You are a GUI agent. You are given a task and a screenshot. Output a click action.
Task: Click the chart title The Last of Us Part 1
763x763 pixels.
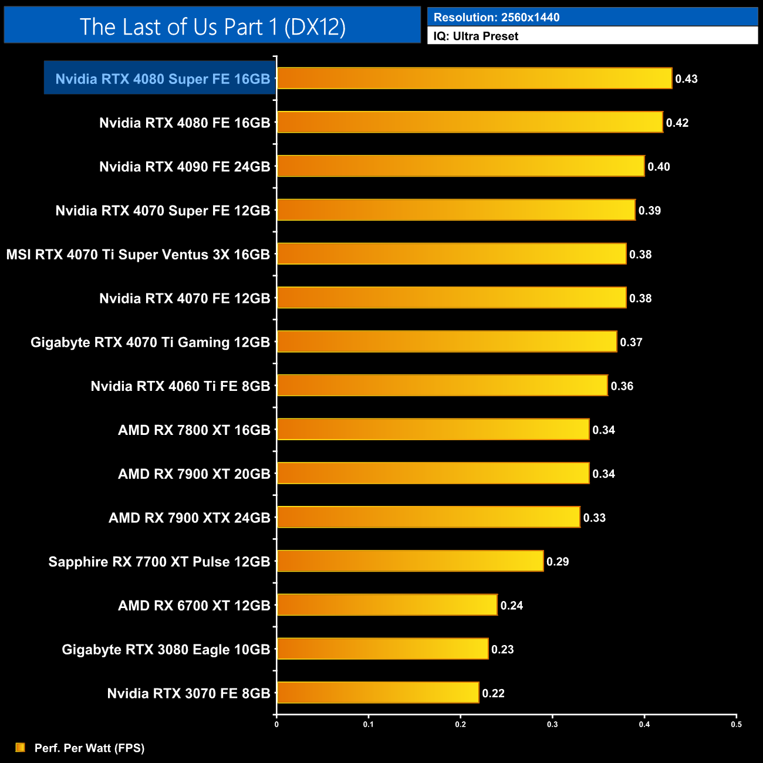212,26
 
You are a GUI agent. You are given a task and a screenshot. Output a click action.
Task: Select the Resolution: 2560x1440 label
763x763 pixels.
497,18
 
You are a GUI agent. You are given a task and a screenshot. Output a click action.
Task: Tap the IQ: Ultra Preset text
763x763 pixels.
475,36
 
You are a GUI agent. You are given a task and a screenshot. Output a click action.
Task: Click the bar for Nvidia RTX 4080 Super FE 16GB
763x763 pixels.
474,79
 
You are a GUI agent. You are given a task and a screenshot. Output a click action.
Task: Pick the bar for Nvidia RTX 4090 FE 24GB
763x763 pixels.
461,166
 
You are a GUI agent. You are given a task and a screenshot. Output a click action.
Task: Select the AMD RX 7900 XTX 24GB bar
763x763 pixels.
428,517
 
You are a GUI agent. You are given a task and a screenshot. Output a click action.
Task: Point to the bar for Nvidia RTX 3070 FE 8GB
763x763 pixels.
378,693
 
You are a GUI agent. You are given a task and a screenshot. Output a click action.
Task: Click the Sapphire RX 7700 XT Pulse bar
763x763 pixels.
410,561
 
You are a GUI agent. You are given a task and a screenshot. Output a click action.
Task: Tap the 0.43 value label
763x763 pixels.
686,79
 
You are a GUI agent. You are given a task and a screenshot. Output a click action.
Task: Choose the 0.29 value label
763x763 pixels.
558,562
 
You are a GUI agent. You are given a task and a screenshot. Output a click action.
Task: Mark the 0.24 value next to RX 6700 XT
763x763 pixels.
511,606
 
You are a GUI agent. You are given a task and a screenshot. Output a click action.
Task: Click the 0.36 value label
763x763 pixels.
622,386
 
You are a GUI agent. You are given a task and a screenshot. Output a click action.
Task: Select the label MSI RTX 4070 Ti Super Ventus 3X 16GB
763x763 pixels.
138,255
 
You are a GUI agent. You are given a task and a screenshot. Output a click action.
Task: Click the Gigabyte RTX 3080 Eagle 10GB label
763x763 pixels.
166,650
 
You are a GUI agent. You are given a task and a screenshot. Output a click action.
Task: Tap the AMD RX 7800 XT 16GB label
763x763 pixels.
194,430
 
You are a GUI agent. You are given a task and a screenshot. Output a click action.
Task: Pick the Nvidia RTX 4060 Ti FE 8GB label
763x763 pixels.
180,386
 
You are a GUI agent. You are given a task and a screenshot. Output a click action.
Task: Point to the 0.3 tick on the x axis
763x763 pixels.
552,724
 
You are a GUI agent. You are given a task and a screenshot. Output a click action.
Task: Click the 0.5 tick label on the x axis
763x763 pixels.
736,724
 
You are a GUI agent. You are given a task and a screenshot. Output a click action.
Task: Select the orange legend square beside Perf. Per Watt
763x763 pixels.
21,747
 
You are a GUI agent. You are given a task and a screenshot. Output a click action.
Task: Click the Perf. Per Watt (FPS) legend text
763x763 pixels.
89,748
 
